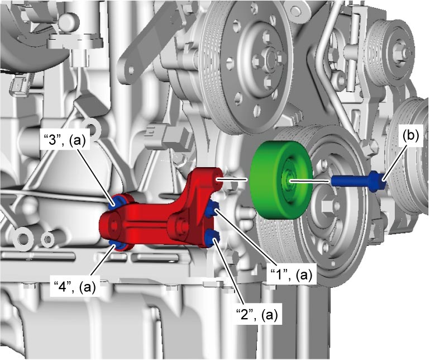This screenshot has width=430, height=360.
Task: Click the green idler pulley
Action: tap(281, 180)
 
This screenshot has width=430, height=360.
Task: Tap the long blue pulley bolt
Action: tap(359, 181)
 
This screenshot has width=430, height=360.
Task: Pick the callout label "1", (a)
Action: tap(291, 275)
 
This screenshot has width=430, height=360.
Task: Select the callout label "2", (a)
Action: tap(257, 315)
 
